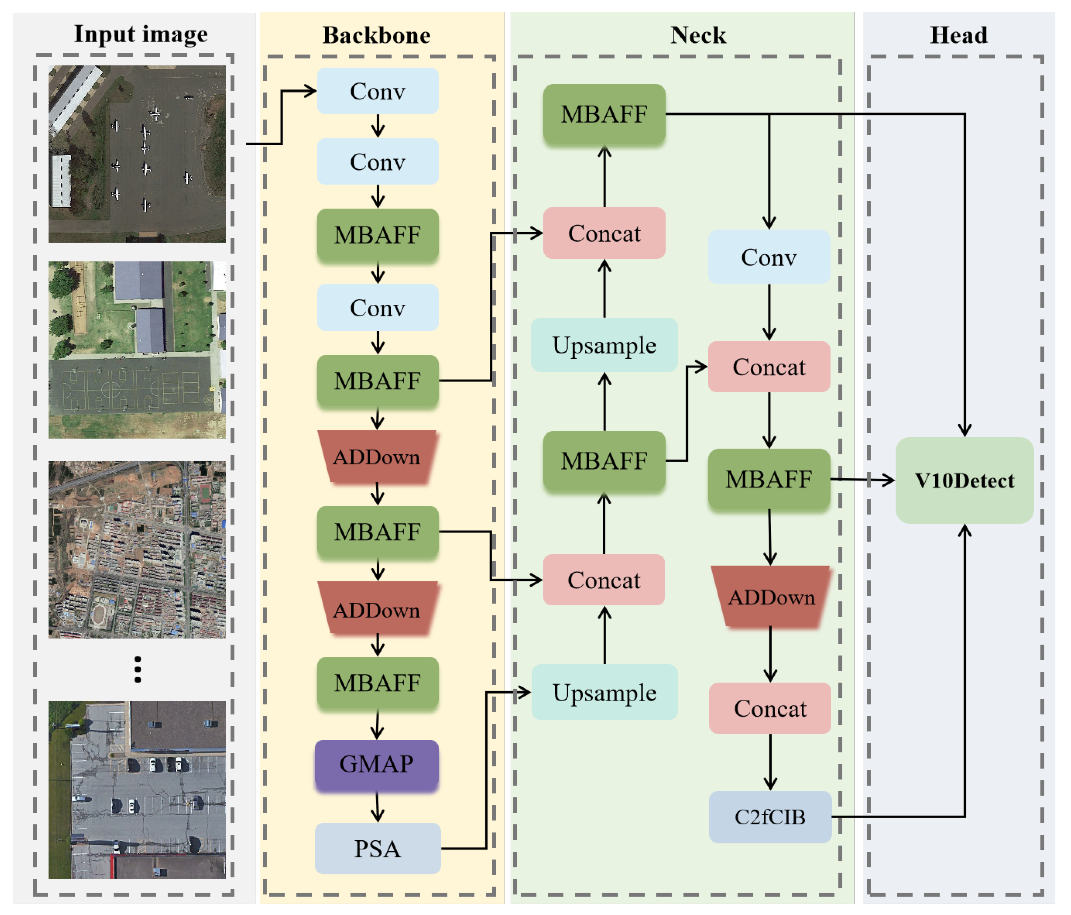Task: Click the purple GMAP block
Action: (x=377, y=764)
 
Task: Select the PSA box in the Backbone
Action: (x=377, y=849)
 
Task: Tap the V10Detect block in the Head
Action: (x=964, y=480)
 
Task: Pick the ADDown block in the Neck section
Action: (x=771, y=597)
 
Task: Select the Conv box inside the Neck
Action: (x=769, y=257)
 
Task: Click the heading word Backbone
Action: (x=376, y=35)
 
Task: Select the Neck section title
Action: (x=698, y=35)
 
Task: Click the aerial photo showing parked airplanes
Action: (x=137, y=154)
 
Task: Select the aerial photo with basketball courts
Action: (x=137, y=350)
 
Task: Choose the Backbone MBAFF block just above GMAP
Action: (x=377, y=683)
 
